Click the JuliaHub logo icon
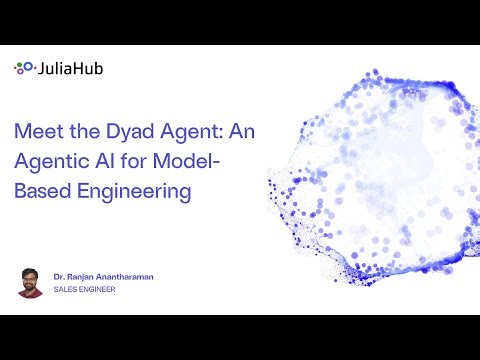pyautogui.click(x=23, y=69)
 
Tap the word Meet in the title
pyautogui.click(x=37, y=130)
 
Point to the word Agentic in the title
pyautogui.click(x=52, y=160)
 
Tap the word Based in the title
pyautogui.click(x=40, y=190)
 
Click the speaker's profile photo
pyautogui.click(x=30, y=281)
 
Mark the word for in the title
pyautogui.click(x=142, y=160)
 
